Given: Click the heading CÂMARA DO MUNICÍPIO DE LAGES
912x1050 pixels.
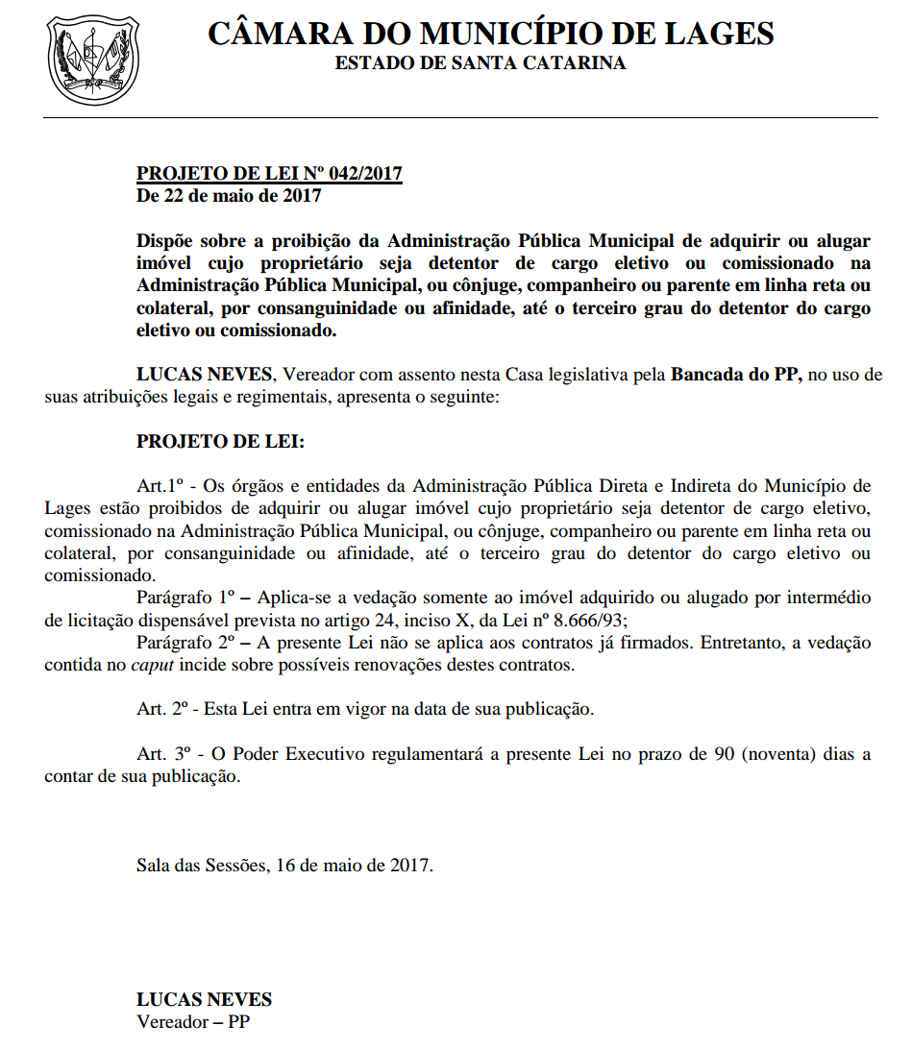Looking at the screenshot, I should [490, 34].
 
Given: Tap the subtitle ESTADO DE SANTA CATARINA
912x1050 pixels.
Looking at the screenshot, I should [480, 63].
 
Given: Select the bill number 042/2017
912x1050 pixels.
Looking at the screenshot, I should [366, 174].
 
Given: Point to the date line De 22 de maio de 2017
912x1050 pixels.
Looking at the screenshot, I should [229, 196].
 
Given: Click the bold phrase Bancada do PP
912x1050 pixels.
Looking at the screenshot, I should [736, 375].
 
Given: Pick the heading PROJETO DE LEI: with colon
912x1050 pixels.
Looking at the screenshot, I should [220, 442].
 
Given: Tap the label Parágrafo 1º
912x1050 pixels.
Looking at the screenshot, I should [185, 598].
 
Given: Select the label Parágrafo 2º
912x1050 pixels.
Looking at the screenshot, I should [185, 644].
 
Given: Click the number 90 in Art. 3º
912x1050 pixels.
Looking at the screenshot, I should [725, 754].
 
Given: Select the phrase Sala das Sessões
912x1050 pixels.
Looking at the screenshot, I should [200, 866].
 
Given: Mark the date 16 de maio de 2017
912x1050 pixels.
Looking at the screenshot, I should [355, 866].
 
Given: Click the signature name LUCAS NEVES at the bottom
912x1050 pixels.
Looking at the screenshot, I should [204, 1000].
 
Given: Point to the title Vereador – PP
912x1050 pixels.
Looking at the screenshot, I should [193, 1022].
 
